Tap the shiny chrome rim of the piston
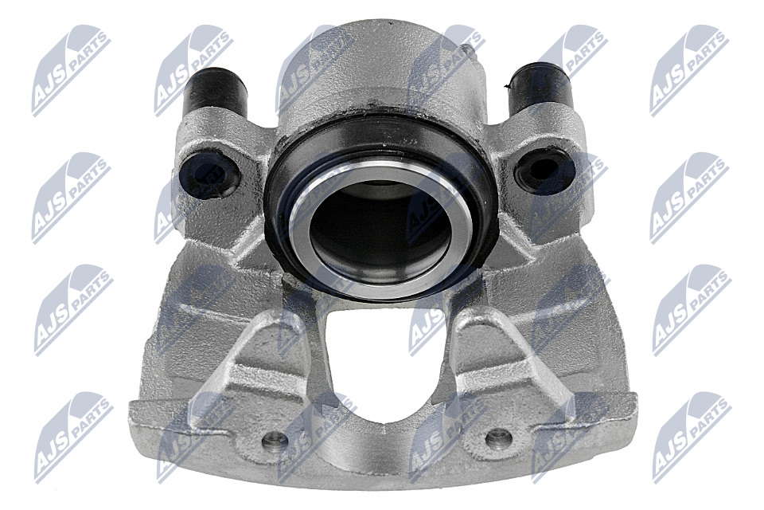[380, 229]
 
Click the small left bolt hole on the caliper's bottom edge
[275, 441]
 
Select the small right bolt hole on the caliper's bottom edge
[499, 437]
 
